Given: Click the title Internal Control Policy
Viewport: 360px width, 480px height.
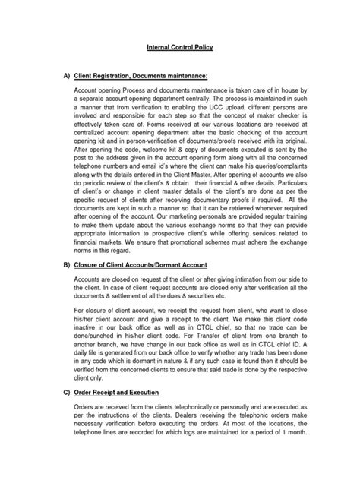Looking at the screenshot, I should tap(180, 47).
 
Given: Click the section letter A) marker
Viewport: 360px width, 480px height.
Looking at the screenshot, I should tap(58, 77).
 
